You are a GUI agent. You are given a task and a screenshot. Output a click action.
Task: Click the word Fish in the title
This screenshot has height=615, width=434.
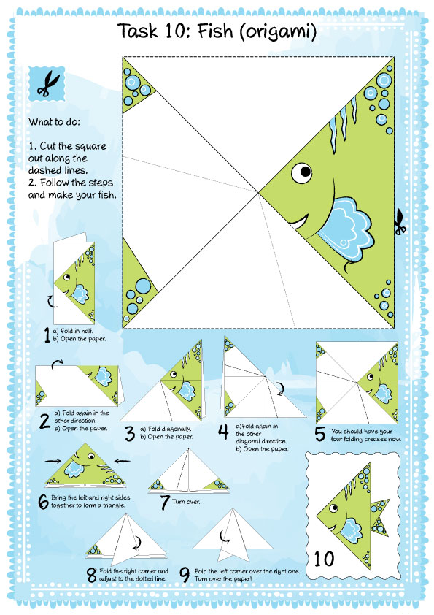(215, 31)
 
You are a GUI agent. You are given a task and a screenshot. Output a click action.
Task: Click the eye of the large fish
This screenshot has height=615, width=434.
(302, 172)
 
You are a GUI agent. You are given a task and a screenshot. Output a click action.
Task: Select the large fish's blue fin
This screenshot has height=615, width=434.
(345, 227)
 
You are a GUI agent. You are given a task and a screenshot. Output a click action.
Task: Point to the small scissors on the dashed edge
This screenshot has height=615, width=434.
(400, 222)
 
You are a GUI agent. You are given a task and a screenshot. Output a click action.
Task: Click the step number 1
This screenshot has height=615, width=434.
(47, 335)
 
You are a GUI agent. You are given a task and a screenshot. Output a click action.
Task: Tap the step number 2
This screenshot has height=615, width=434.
(44, 421)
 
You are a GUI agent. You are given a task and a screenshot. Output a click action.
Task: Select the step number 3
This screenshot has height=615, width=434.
(130, 433)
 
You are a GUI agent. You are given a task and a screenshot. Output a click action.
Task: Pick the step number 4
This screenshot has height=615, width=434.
(223, 432)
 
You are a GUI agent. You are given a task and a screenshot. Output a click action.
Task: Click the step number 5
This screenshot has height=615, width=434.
(320, 434)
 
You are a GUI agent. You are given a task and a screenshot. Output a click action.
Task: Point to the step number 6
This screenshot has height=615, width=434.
(43, 502)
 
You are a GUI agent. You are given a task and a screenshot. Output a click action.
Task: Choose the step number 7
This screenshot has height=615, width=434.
(165, 503)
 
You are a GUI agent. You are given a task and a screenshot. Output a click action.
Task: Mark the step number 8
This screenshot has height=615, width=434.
(92, 576)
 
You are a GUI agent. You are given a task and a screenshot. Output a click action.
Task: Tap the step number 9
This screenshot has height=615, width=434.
(185, 575)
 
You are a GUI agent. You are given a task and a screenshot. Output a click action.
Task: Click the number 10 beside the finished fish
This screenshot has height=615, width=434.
(324, 559)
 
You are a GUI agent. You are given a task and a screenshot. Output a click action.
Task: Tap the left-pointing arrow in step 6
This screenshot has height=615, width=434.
(123, 460)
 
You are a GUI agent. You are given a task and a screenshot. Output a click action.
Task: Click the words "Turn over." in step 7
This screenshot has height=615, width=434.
(186, 502)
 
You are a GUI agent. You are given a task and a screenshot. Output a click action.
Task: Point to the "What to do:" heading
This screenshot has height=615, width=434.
(54, 121)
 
